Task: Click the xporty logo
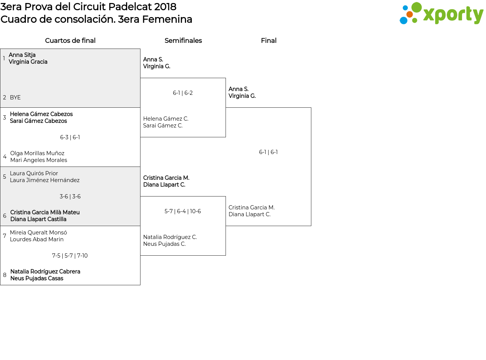pyautogui.click(x=441, y=13)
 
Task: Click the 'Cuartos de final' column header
pyautogui.click(x=70, y=41)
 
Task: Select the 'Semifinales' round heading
pyautogui.click(x=183, y=41)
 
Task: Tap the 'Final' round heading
pyautogui.click(x=268, y=41)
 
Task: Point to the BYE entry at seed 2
pyautogui.click(x=15, y=97)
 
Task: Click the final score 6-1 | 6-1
pyautogui.click(x=268, y=152)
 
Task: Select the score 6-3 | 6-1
pyautogui.click(x=70, y=137)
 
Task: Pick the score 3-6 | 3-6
pyautogui.click(x=70, y=197)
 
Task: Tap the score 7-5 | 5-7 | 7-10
pyautogui.click(x=70, y=256)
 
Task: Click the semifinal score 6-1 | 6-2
pyautogui.click(x=183, y=93)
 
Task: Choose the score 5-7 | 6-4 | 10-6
pyautogui.click(x=183, y=211)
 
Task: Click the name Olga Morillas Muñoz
pyautogui.click(x=37, y=153)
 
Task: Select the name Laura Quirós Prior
pyautogui.click(x=34, y=173)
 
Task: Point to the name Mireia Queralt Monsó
pyautogui.click(x=38, y=232)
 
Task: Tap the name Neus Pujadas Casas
pyautogui.click(x=37, y=278)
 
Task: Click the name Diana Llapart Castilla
pyautogui.click(x=38, y=219)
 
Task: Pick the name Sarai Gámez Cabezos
pyautogui.click(x=38, y=121)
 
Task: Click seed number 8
pyautogui.click(x=5, y=275)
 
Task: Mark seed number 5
pyautogui.click(x=5, y=176)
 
